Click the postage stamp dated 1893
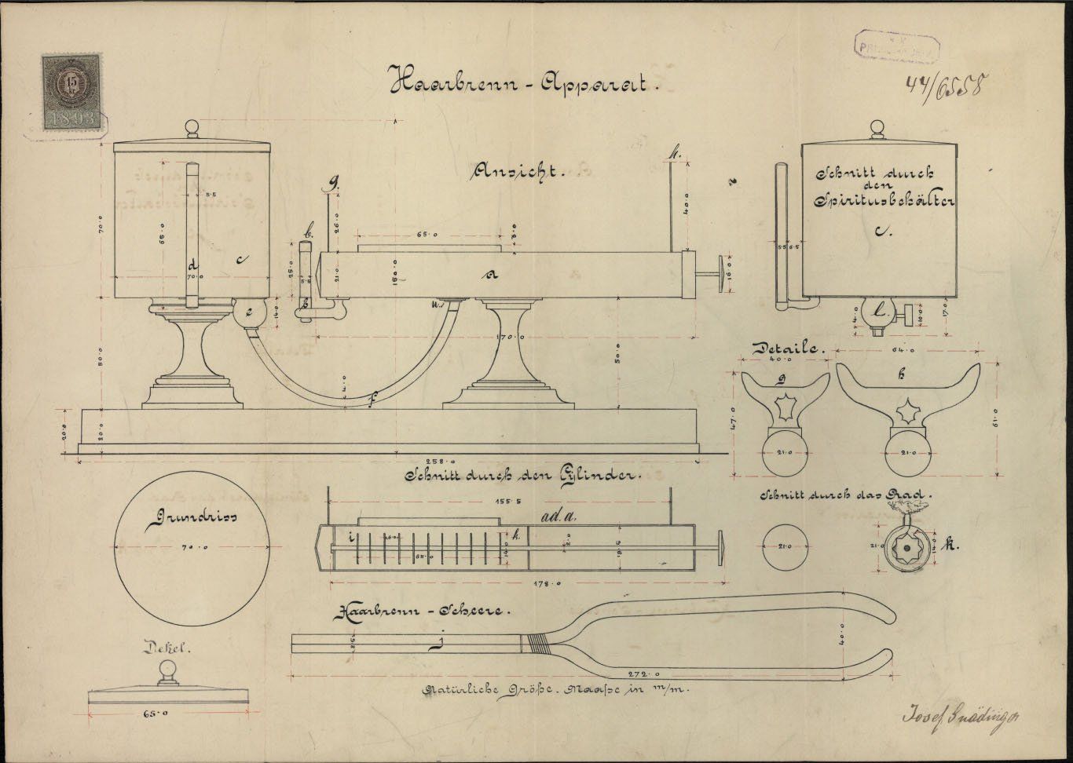(72, 92)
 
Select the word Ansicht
(519, 171)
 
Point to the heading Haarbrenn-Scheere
(424, 611)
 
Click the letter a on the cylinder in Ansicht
(493, 274)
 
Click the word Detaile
(787, 348)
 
